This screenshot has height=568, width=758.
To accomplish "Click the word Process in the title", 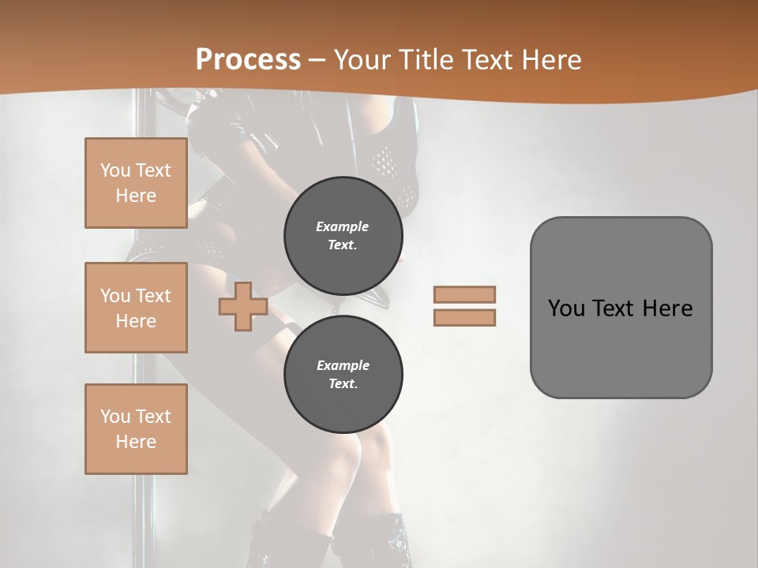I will click(x=248, y=60).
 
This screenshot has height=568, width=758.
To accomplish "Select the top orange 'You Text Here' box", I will click(x=136, y=183).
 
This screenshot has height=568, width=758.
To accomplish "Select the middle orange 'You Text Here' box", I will click(x=136, y=308).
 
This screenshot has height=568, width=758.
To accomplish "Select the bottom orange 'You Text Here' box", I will click(x=136, y=428).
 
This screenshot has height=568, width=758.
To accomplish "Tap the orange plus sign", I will click(x=243, y=307).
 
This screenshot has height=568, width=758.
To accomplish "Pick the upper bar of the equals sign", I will click(x=464, y=294).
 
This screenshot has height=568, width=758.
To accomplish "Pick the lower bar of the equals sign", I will click(x=464, y=317).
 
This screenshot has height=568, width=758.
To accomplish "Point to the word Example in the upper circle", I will click(x=343, y=226).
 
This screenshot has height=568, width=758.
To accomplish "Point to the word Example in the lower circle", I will click(x=343, y=365).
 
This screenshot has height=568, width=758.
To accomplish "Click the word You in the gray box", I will click(x=565, y=308).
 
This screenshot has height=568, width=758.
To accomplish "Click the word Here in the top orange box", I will click(x=136, y=196).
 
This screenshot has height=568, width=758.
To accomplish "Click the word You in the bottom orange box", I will click(x=115, y=416).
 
